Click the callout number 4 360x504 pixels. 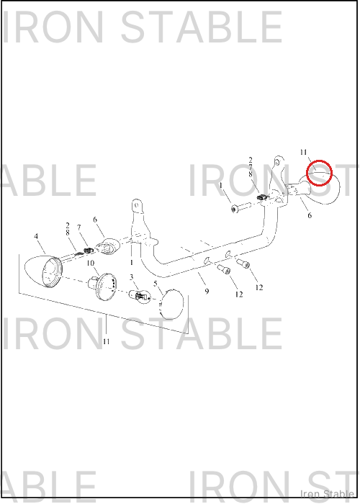click(x=36, y=237)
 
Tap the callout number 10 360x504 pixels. click(x=90, y=264)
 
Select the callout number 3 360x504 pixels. click(x=132, y=277)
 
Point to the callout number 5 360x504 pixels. click(x=156, y=284)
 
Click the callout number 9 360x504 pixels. click(x=207, y=291)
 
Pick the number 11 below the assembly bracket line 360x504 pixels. click(x=107, y=341)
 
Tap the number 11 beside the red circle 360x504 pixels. click(x=303, y=153)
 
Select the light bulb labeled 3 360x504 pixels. click(x=140, y=296)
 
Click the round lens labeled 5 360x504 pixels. click(x=171, y=304)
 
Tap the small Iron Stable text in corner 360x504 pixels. click(x=327, y=494)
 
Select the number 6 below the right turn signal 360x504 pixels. click(x=310, y=215)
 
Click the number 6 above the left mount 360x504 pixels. click(x=95, y=220)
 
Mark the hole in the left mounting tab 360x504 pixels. click(x=137, y=204)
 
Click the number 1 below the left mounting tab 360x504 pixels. click(x=132, y=263)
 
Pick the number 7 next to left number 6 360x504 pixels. click(x=79, y=228)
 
